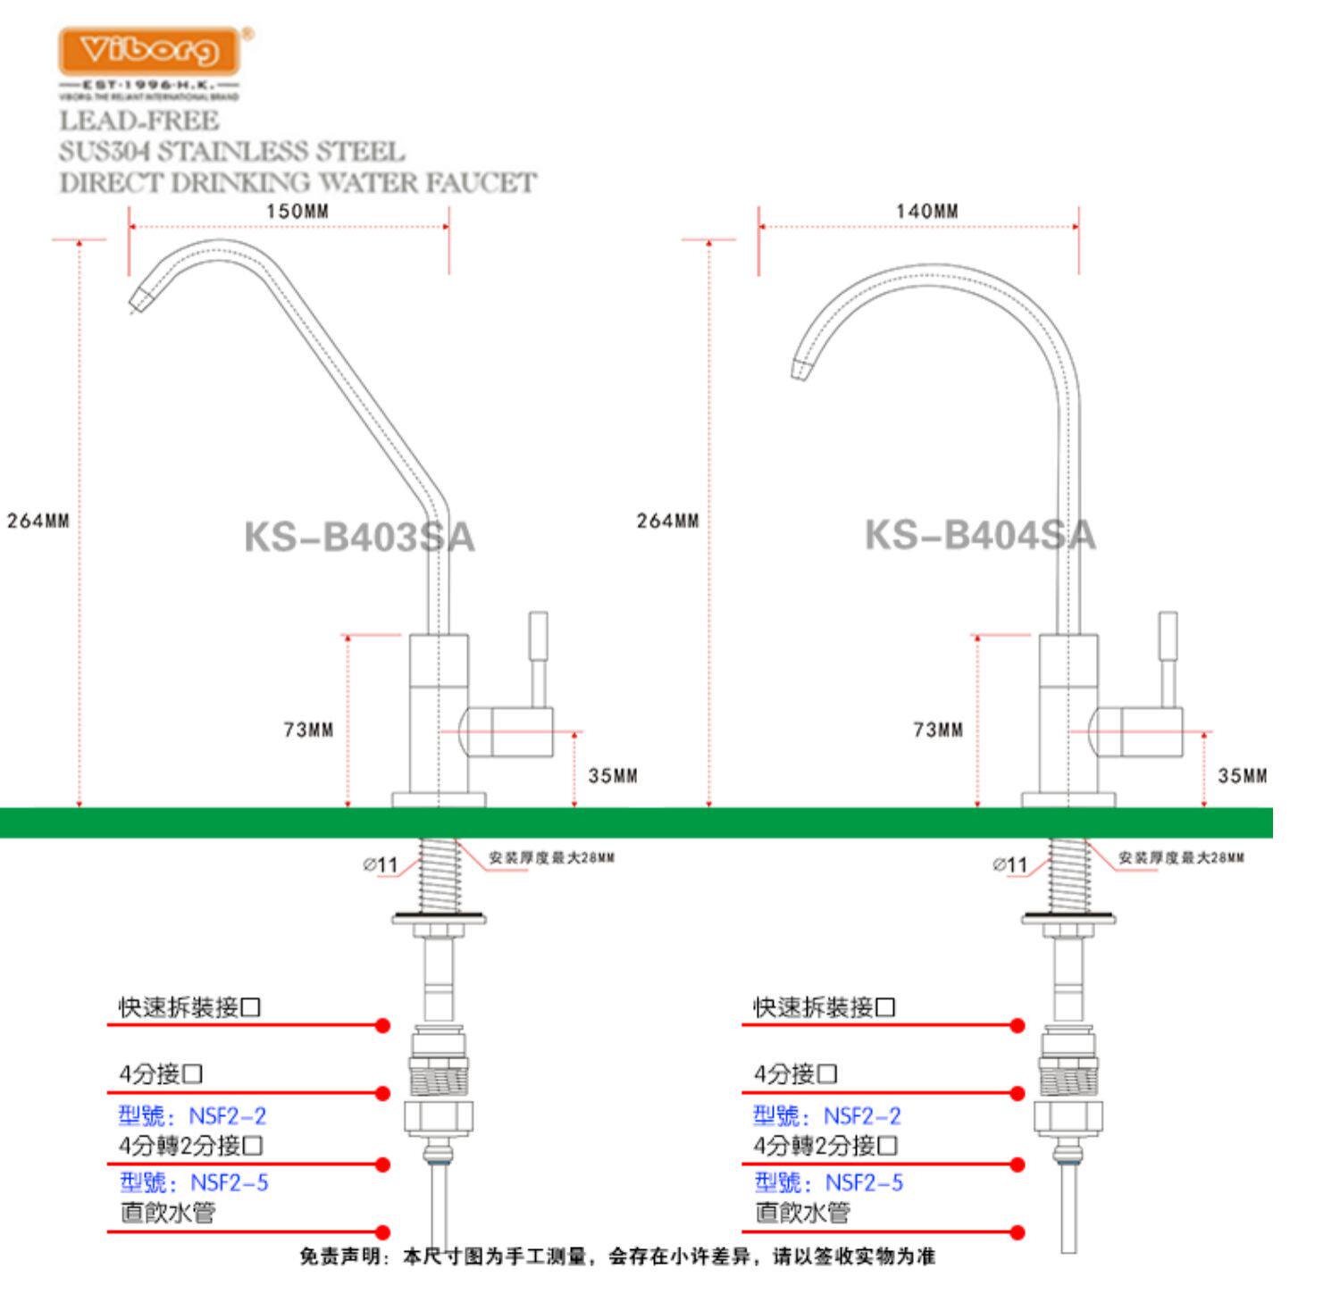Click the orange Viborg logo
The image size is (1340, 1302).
149,50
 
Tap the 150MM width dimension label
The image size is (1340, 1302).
297,212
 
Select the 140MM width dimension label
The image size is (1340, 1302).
927,212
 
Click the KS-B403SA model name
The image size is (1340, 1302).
359,538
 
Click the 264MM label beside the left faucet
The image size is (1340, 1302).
38,521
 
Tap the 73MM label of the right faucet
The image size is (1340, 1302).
938,730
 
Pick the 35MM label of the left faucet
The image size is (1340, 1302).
613,776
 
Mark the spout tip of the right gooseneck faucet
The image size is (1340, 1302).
800,369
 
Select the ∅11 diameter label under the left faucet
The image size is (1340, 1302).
381,864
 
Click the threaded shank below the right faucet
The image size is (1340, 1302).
1068,875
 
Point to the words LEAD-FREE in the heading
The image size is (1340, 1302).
139,121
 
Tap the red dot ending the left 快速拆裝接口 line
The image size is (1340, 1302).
382,1025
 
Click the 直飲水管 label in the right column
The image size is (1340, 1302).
801,1213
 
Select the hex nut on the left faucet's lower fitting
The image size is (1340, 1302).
439,1117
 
